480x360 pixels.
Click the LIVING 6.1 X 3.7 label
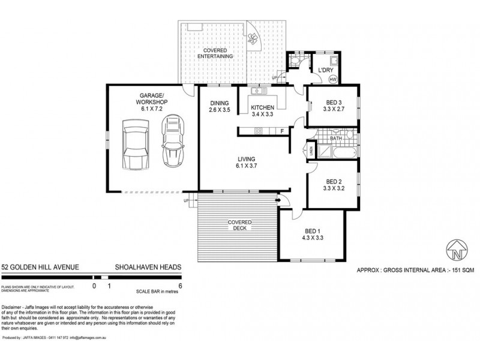click(247, 161)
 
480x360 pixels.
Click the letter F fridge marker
click(281, 130)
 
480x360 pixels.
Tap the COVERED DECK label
click(239, 226)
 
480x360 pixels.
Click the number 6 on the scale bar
click(180, 287)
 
